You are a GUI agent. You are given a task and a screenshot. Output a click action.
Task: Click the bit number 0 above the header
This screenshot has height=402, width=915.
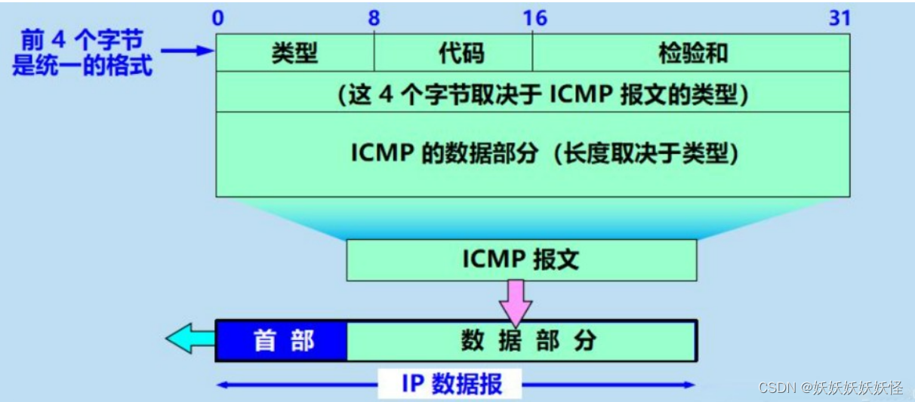217,18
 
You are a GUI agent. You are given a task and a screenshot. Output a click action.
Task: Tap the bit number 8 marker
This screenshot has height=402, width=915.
374,18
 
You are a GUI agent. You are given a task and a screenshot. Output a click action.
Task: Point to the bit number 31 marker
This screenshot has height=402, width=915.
840,18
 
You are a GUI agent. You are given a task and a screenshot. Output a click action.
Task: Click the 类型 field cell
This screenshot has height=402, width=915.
294,53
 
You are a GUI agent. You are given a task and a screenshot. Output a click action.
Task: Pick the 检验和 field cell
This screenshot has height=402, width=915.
692,53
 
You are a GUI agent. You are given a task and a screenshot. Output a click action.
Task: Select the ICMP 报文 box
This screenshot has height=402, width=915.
521,259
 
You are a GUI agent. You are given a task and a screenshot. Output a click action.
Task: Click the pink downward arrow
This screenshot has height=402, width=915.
516,300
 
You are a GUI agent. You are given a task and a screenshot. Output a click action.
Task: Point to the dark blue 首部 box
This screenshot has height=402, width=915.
282,341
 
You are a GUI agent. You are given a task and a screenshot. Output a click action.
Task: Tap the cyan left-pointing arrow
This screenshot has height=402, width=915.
189,340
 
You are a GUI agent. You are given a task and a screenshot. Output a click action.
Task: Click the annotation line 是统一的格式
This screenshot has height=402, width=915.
82,66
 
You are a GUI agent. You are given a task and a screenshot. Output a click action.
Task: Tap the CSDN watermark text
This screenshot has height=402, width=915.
831,388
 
